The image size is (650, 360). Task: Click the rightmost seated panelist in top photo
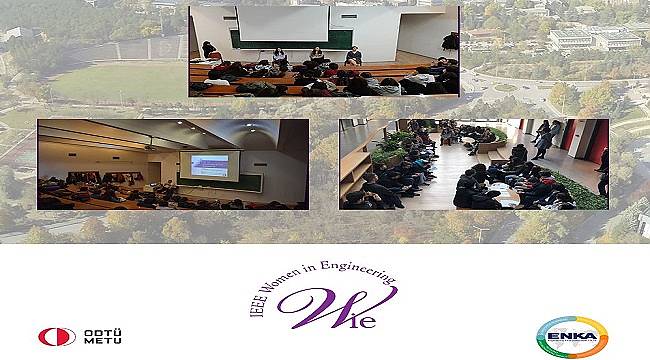click(x=352, y=58)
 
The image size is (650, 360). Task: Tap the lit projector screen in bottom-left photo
click(x=204, y=166)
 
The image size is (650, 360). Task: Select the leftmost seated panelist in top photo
click(x=209, y=52)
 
